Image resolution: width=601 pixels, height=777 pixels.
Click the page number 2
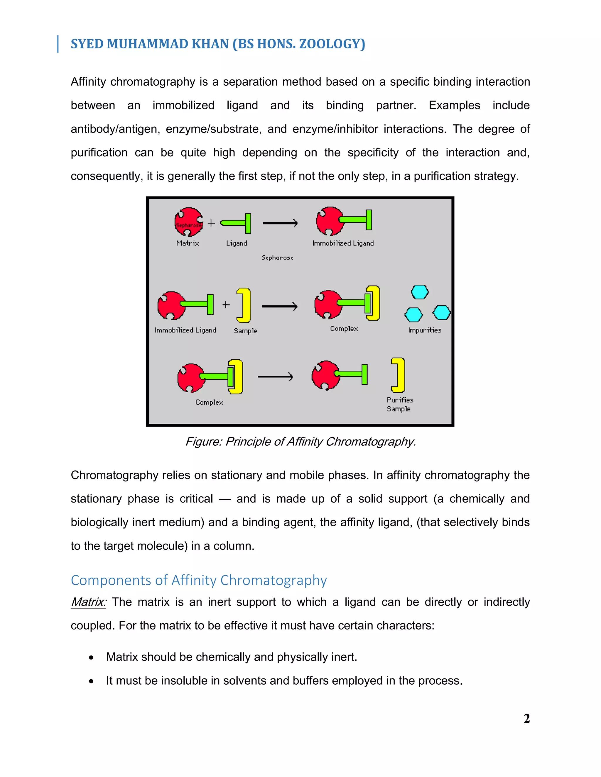click(x=526, y=719)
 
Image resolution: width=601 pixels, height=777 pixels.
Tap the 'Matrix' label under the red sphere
click(x=187, y=243)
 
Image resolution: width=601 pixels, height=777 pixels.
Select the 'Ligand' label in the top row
click(x=237, y=243)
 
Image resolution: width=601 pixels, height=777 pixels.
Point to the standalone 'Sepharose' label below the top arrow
click(x=277, y=257)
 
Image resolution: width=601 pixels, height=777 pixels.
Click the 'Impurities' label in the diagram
click(x=424, y=330)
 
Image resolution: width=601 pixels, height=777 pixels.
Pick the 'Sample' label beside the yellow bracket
click(x=245, y=330)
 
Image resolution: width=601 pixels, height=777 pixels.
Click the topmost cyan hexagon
click(x=419, y=292)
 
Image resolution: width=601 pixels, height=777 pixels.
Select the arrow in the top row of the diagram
click(x=280, y=223)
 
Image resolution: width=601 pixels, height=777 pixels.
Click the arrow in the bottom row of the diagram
click(x=275, y=377)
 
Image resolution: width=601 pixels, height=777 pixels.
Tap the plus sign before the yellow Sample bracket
click(x=226, y=305)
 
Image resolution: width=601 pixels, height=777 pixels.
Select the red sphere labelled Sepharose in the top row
click(x=189, y=222)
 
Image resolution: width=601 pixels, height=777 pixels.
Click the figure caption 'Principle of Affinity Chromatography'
click(x=300, y=442)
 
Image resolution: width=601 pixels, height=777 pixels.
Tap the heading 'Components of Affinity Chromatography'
click(x=199, y=580)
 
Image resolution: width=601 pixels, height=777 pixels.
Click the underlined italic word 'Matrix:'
click(x=88, y=602)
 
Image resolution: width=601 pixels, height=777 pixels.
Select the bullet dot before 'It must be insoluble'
click(x=92, y=681)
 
